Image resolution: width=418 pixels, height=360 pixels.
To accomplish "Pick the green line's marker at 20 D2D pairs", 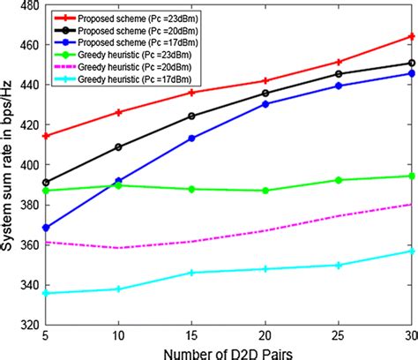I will (x=265, y=191).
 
